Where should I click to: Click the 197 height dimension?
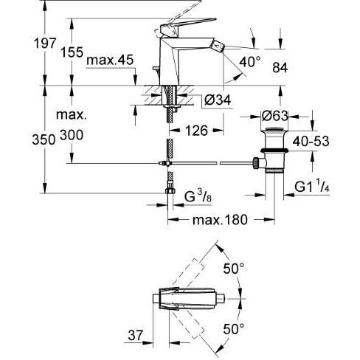point(45,44)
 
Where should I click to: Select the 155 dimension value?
point(72,52)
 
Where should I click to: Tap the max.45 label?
point(110,60)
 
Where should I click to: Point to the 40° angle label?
point(249,62)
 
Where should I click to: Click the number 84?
point(280,67)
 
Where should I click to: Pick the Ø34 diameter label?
point(218,100)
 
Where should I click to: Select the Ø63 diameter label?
point(274,116)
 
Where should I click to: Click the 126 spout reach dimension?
point(197,131)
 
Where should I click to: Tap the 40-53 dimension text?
point(311,141)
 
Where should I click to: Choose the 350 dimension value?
point(44,140)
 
